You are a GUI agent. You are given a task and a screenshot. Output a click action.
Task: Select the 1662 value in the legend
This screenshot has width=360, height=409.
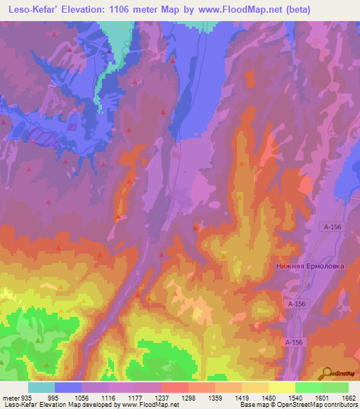(x=349, y=398)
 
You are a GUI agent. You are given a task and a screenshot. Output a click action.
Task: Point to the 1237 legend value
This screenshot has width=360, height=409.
(x=162, y=398)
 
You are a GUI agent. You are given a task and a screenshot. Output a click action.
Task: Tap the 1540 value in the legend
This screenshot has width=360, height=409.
(x=295, y=398)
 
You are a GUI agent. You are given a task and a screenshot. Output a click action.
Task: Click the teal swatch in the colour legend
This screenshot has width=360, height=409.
(x=41, y=387)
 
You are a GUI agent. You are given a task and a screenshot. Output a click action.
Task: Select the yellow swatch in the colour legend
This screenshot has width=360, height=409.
(x=281, y=387)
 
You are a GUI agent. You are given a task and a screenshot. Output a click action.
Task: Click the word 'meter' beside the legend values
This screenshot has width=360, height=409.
(x=11, y=398)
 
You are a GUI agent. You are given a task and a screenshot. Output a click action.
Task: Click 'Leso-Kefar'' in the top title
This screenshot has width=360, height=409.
(x=33, y=8)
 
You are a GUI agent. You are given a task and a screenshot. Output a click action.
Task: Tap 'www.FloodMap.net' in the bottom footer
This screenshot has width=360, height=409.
(x=148, y=405)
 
